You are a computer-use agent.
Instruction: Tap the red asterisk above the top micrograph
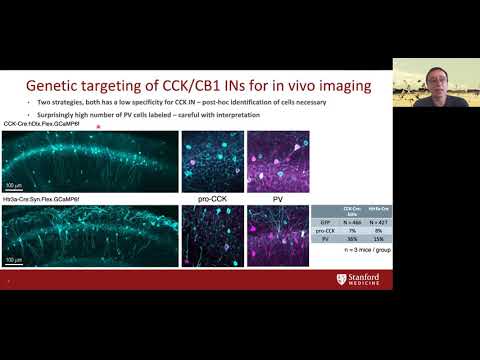[97, 127]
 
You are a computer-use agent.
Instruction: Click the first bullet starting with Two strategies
[160, 105]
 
